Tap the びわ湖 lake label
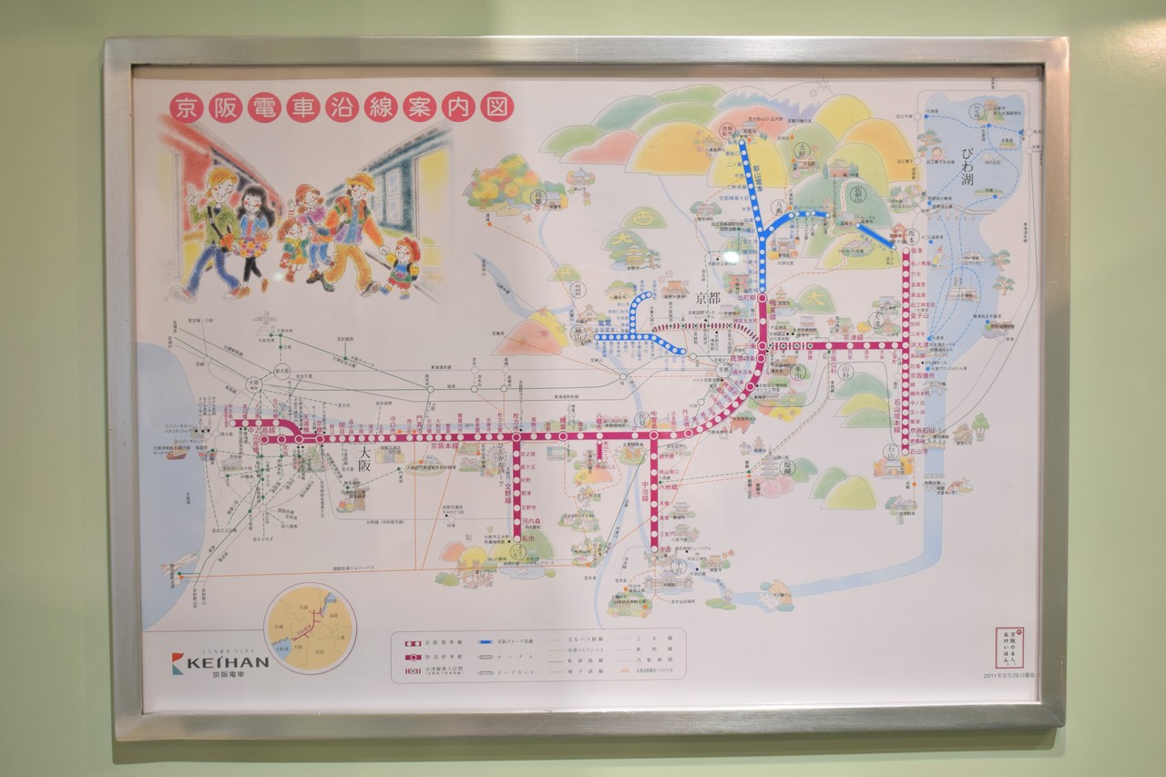[967, 165]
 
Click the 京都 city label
[708, 298]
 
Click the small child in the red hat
[401, 265]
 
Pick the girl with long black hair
[253, 232]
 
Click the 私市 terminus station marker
[517, 549]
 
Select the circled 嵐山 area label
[578, 334]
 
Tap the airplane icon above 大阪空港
[264, 318]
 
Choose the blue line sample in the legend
[483, 641]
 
